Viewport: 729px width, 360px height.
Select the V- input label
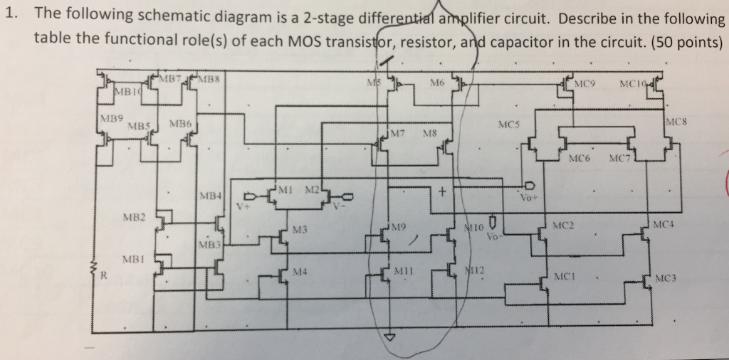[x=339, y=204]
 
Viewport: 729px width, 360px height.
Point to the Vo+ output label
[x=528, y=200]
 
